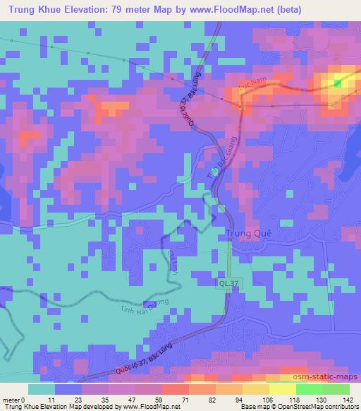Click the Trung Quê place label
tap(248, 235)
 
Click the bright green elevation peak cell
tap(336, 84)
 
